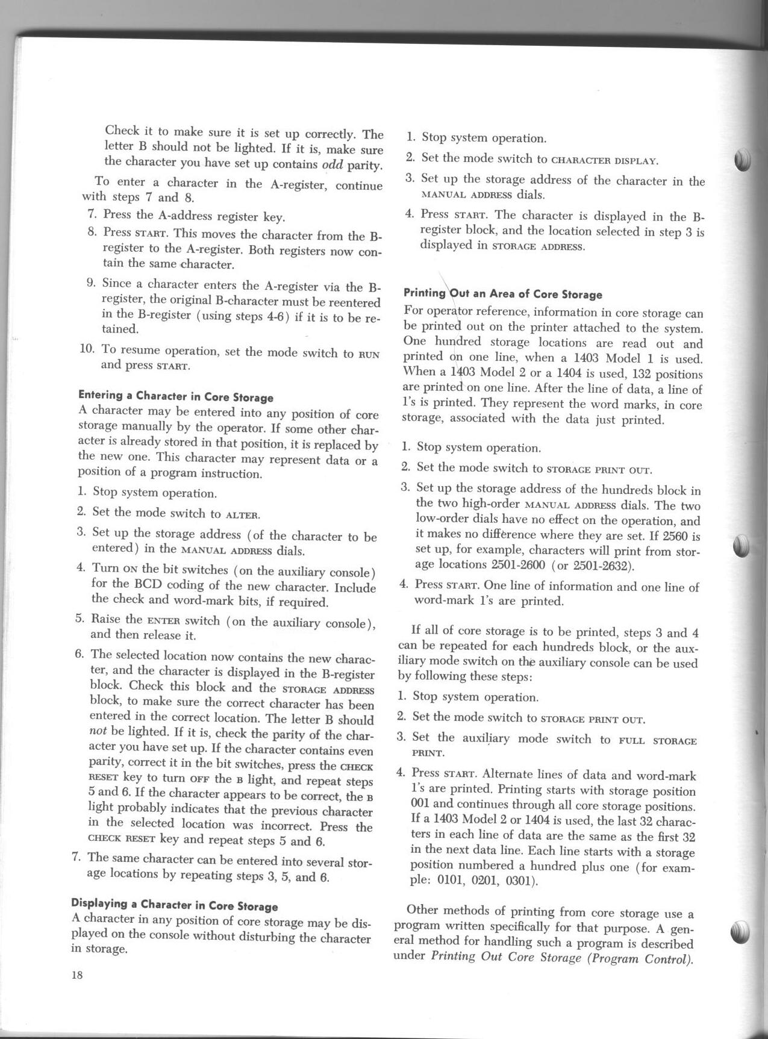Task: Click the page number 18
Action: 76,976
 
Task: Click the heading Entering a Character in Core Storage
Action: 176,397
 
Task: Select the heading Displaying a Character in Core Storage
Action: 175,905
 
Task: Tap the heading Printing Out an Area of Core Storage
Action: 502,294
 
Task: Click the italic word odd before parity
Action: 331,164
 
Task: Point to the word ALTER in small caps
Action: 242,515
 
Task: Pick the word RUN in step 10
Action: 369,354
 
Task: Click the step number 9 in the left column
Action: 91,282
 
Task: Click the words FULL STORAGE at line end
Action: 658,741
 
